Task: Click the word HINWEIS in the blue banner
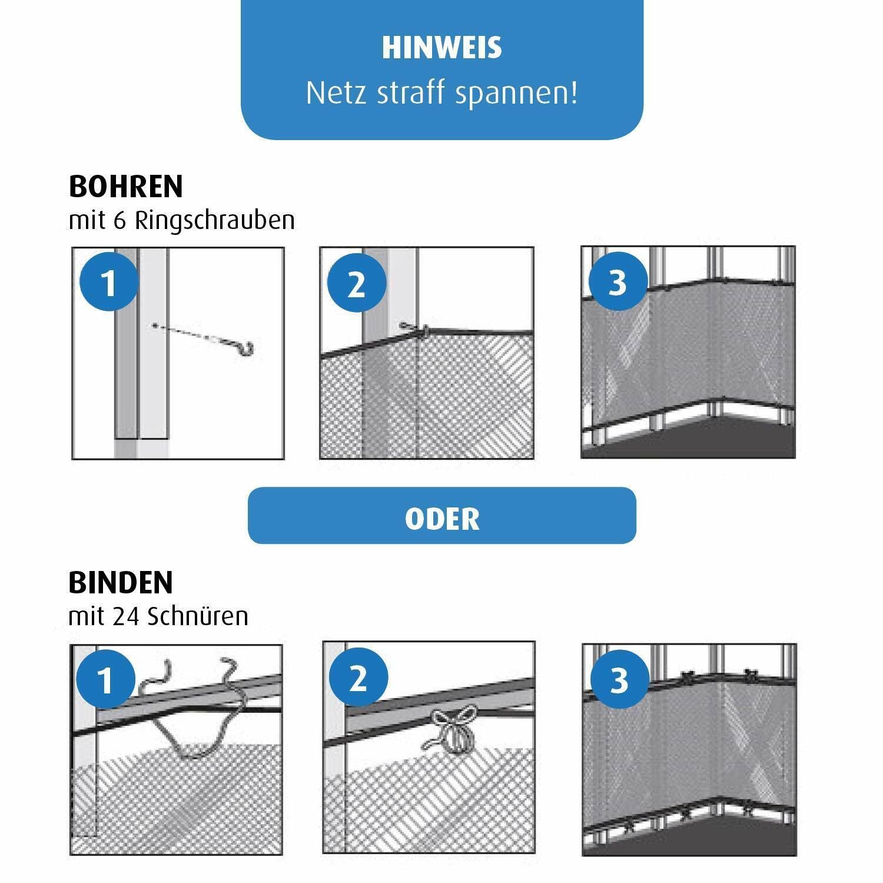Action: pyautogui.click(x=441, y=48)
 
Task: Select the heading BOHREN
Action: pyautogui.click(x=126, y=187)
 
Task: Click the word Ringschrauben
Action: pyautogui.click(x=215, y=220)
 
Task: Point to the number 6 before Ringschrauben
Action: pyautogui.click(x=120, y=221)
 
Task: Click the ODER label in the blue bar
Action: pyautogui.click(x=442, y=519)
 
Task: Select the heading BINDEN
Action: pyautogui.click(x=121, y=582)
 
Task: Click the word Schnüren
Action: pyautogui.click(x=198, y=616)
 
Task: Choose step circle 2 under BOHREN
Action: pyautogui.click(x=357, y=284)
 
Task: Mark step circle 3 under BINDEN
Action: pyautogui.click(x=619, y=680)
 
